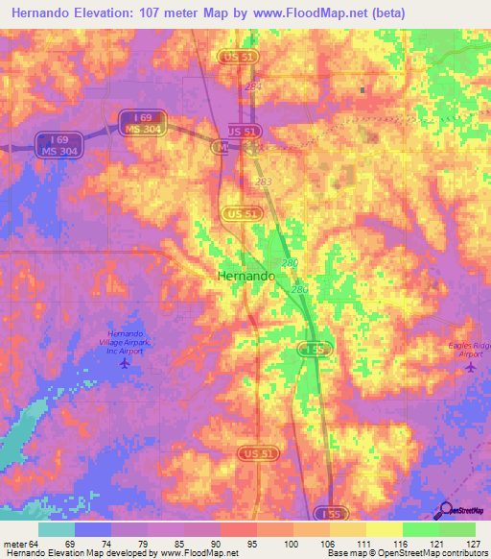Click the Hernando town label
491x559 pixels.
tap(242, 275)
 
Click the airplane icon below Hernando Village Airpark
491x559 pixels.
tap(123, 363)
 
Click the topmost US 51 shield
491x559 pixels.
tap(238, 57)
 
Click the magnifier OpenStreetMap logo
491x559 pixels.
tap(445, 510)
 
